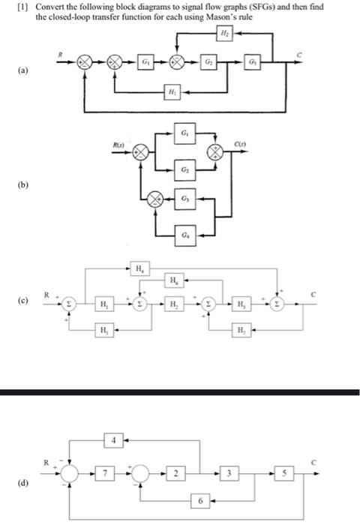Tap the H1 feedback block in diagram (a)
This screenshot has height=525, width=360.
pos(172,94)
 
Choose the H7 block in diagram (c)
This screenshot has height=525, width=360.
pos(240,331)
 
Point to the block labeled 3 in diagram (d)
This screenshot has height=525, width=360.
pos(230,472)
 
